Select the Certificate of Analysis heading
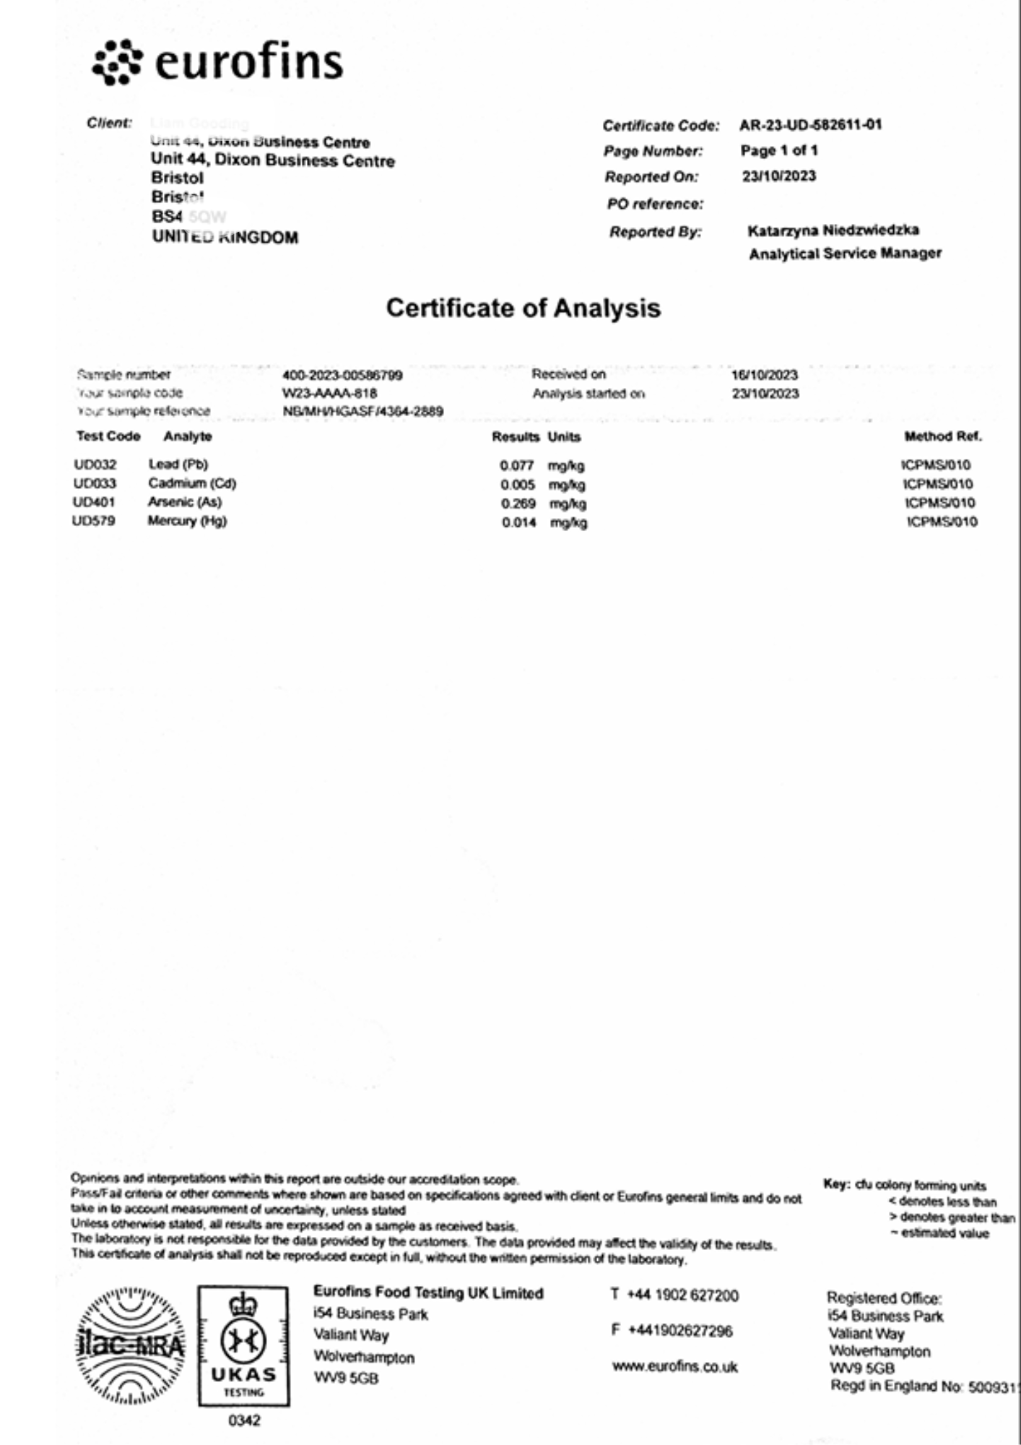523,308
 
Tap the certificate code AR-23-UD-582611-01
810,125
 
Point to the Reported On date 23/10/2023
779,176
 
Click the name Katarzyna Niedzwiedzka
833,230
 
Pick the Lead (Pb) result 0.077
516,465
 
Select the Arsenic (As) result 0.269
518,504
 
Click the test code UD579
94,521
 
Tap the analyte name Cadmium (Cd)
192,483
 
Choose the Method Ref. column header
942,436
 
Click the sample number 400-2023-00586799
342,375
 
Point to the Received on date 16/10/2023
765,375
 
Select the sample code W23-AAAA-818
330,394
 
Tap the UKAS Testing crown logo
244,1345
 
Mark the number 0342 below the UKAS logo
244,1420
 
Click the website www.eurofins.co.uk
674,1366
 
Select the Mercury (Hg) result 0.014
519,522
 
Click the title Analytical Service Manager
845,254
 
